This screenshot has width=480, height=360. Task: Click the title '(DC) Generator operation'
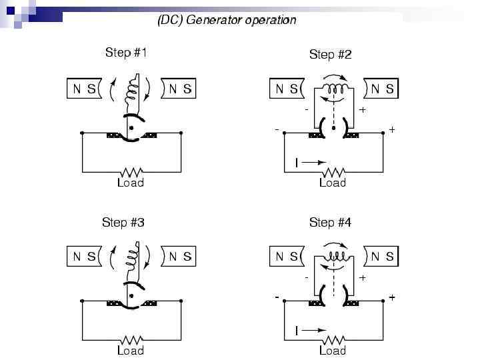pyautogui.click(x=227, y=20)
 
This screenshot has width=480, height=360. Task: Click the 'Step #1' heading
pyautogui.click(x=125, y=53)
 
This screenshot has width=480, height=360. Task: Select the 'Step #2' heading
pyautogui.click(x=330, y=55)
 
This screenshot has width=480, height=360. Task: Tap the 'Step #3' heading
pyautogui.click(x=123, y=222)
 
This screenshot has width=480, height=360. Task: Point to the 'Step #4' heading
pyautogui.click(x=330, y=222)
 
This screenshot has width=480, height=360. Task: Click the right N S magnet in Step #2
pyautogui.click(x=382, y=89)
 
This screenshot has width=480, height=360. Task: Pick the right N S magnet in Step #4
pyautogui.click(x=382, y=256)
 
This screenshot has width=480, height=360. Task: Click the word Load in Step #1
pyautogui.click(x=130, y=182)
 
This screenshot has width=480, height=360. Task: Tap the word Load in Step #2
pyautogui.click(x=332, y=182)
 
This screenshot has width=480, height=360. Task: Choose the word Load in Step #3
pyautogui.click(x=130, y=350)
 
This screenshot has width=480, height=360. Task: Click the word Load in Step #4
pyautogui.click(x=332, y=350)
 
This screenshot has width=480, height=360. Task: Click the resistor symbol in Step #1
pyautogui.click(x=131, y=171)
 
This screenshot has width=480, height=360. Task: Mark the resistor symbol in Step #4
pyautogui.click(x=333, y=339)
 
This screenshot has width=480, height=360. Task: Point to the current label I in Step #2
pyautogui.click(x=297, y=162)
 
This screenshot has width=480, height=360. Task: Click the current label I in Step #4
pyautogui.click(x=297, y=330)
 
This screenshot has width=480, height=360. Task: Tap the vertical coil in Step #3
pyautogui.click(x=140, y=254)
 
